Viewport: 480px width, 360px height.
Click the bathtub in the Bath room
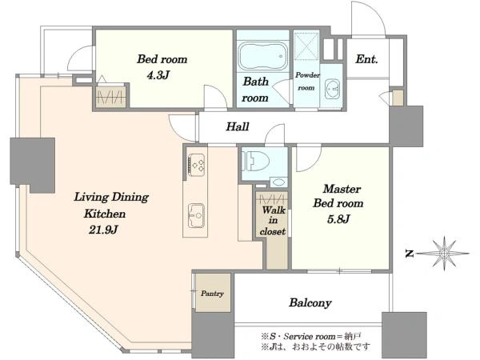(x=263, y=56)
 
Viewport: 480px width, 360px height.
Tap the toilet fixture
(x=255, y=161)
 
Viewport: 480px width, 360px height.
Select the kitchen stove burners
(x=196, y=165)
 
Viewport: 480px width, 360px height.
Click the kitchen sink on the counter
(x=196, y=215)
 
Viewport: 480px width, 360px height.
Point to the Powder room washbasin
(x=332, y=89)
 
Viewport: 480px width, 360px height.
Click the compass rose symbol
(x=443, y=253)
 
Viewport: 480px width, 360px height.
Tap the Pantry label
(x=212, y=294)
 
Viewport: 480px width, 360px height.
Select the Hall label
(x=238, y=126)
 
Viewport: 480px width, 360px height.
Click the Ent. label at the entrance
(x=366, y=58)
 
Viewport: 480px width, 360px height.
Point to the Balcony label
(x=310, y=302)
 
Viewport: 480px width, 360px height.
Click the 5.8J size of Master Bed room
(x=338, y=219)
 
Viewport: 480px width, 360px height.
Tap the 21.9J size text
(x=103, y=230)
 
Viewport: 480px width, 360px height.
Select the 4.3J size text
(x=158, y=74)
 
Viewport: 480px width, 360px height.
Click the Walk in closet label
(x=273, y=221)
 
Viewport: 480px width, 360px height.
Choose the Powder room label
(x=307, y=82)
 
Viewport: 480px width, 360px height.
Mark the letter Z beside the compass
(x=410, y=254)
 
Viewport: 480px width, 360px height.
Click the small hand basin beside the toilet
(x=278, y=182)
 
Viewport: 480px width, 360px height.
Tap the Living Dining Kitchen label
(x=111, y=205)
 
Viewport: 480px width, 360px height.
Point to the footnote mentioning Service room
(x=311, y=337)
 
